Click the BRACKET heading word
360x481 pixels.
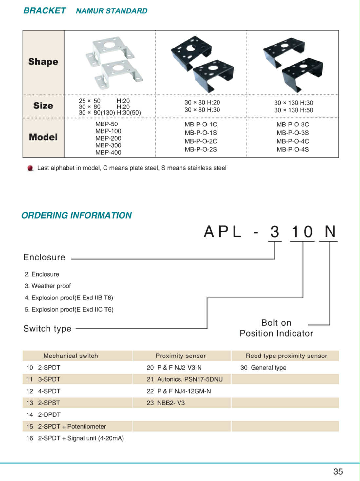point(45,10)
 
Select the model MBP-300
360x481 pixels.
point(108,145)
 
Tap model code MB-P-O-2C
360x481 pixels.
point(200,141)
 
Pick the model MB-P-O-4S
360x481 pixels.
point(293,149)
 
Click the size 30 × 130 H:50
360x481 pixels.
point(294,110)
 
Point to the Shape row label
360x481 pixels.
point(43,62)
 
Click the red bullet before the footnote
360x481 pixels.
point(30,168)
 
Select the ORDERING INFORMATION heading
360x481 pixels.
point(77,215)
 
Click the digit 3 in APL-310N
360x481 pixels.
point(275,232)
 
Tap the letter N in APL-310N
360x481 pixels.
point(330,232)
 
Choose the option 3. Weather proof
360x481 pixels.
point(48,286)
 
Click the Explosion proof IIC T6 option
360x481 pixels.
point(69,309)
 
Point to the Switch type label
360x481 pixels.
point(47,328)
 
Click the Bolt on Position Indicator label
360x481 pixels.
point(276,328)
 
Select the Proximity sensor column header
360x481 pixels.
point(180,356)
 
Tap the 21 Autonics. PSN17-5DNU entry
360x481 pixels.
point(184,379)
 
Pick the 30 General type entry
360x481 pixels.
point(263,368)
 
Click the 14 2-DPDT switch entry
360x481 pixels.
point(44,414)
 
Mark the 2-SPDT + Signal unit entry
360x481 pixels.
point(75,438)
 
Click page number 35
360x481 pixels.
point(338,471)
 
